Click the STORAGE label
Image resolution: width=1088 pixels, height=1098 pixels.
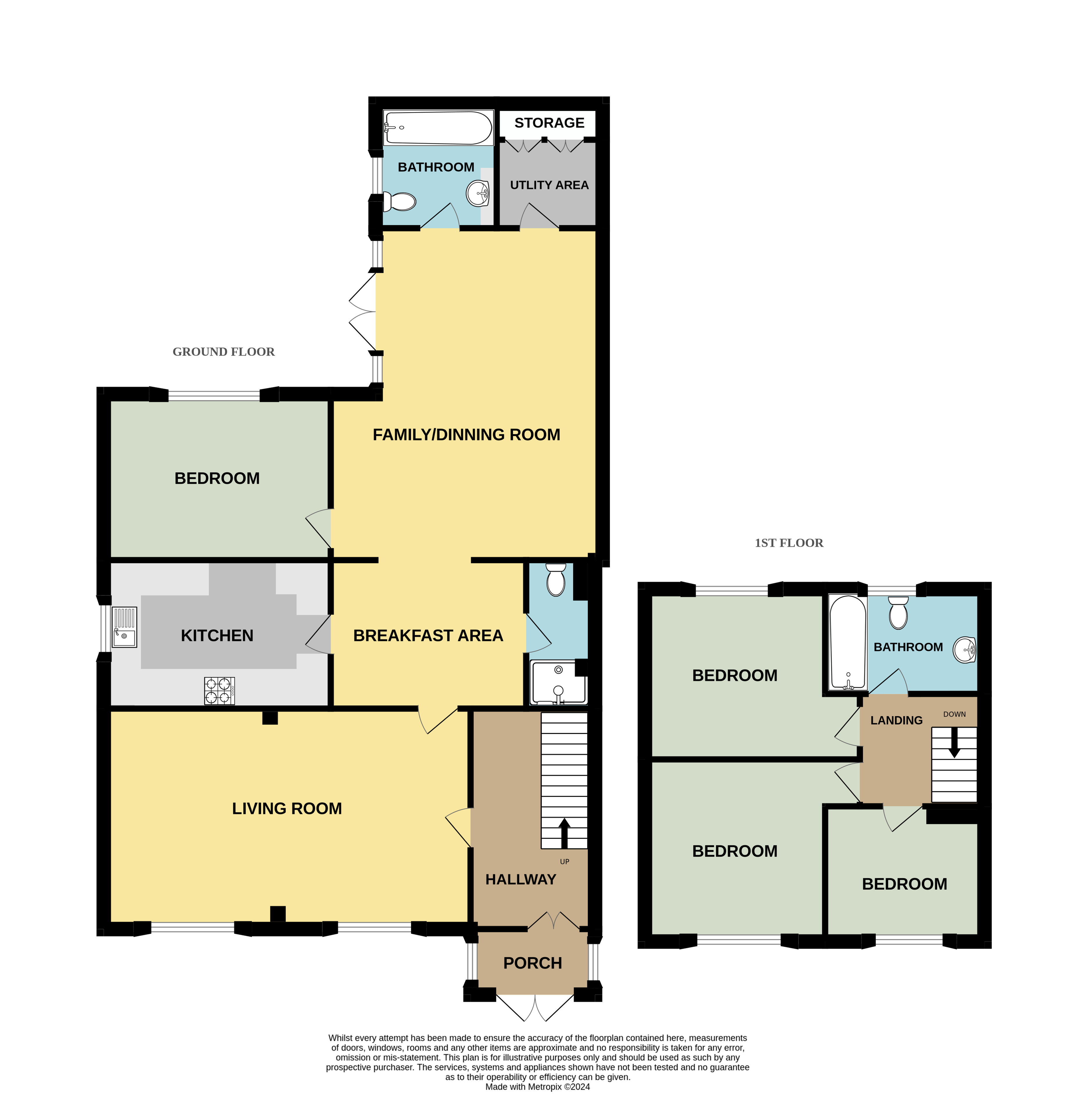click(549, 123)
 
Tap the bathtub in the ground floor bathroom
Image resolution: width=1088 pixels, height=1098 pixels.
click(438, 128)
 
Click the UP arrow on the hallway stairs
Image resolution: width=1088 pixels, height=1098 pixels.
click(564, 833)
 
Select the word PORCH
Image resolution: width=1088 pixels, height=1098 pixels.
click(533, 963)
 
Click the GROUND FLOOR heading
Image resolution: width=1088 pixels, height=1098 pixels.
click(223, 352)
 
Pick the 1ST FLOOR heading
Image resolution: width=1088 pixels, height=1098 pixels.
click(789, 543)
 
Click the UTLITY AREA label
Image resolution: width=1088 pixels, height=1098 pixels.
click(549, 185)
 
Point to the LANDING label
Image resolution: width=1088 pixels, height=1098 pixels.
click(896, 720)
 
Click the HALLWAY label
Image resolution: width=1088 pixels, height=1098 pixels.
click(521, 879)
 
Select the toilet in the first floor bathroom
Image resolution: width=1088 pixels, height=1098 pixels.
click(898, 613)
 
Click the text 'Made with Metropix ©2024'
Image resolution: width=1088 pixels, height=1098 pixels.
click(538, 1087)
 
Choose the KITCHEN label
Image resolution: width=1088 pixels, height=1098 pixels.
click(217, 636)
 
